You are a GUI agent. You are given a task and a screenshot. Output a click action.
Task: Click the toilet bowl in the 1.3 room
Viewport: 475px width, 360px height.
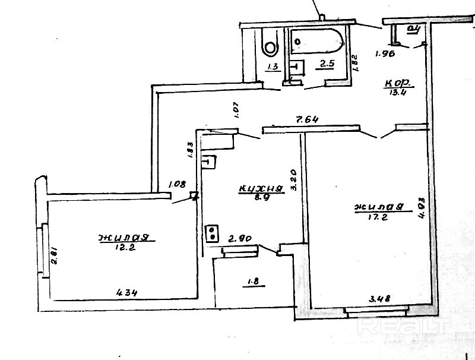[x=270, y=45]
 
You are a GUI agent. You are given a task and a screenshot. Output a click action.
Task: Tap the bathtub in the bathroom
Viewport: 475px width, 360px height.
[x=317, y=41]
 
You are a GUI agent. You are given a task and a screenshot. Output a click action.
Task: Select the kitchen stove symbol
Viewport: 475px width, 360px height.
[x=212, y=233]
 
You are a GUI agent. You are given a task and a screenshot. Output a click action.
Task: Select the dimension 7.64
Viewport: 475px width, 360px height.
[x=308, y=119]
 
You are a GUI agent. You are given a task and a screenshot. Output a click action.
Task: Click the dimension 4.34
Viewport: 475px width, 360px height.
[x=128, y=292]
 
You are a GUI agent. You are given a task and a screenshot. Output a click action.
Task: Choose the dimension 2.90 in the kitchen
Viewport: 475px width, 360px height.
[x=241, y=239]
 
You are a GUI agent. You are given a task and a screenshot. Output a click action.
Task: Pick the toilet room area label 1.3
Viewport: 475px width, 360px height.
[x=273, y=67]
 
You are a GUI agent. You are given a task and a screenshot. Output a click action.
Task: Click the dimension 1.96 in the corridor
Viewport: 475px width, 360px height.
[x=386, y=53]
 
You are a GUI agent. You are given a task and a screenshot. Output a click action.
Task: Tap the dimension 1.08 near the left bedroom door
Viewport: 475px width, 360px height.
[x=176, y=184]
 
